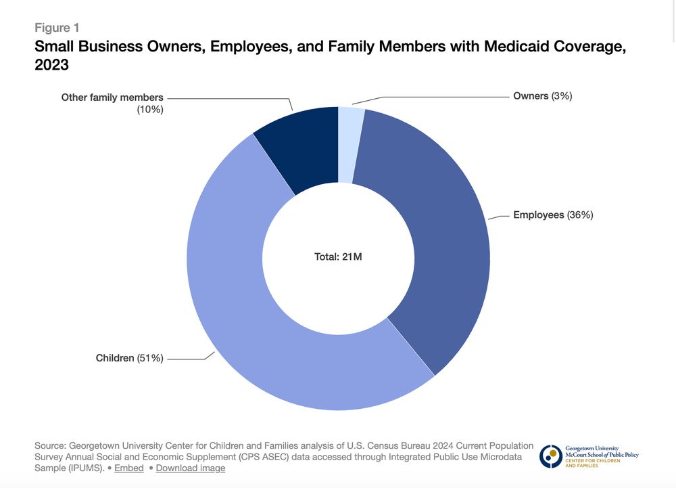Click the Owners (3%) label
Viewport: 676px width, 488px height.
pos(542,96)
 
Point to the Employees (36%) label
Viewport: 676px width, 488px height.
pos(553,215)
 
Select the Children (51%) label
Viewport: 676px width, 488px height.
pos(130,358)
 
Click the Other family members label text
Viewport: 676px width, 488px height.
pos(112,97)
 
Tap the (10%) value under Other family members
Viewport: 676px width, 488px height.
pos(150,109)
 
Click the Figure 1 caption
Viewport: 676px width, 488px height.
pos(57,28)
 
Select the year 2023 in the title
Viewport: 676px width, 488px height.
pos(51,66)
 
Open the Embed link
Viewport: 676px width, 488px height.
pos(128,468)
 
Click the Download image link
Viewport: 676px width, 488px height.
pos(191,468)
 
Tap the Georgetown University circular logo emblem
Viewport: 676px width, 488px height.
pos(550,456)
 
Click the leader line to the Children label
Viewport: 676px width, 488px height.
pos(189,359)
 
